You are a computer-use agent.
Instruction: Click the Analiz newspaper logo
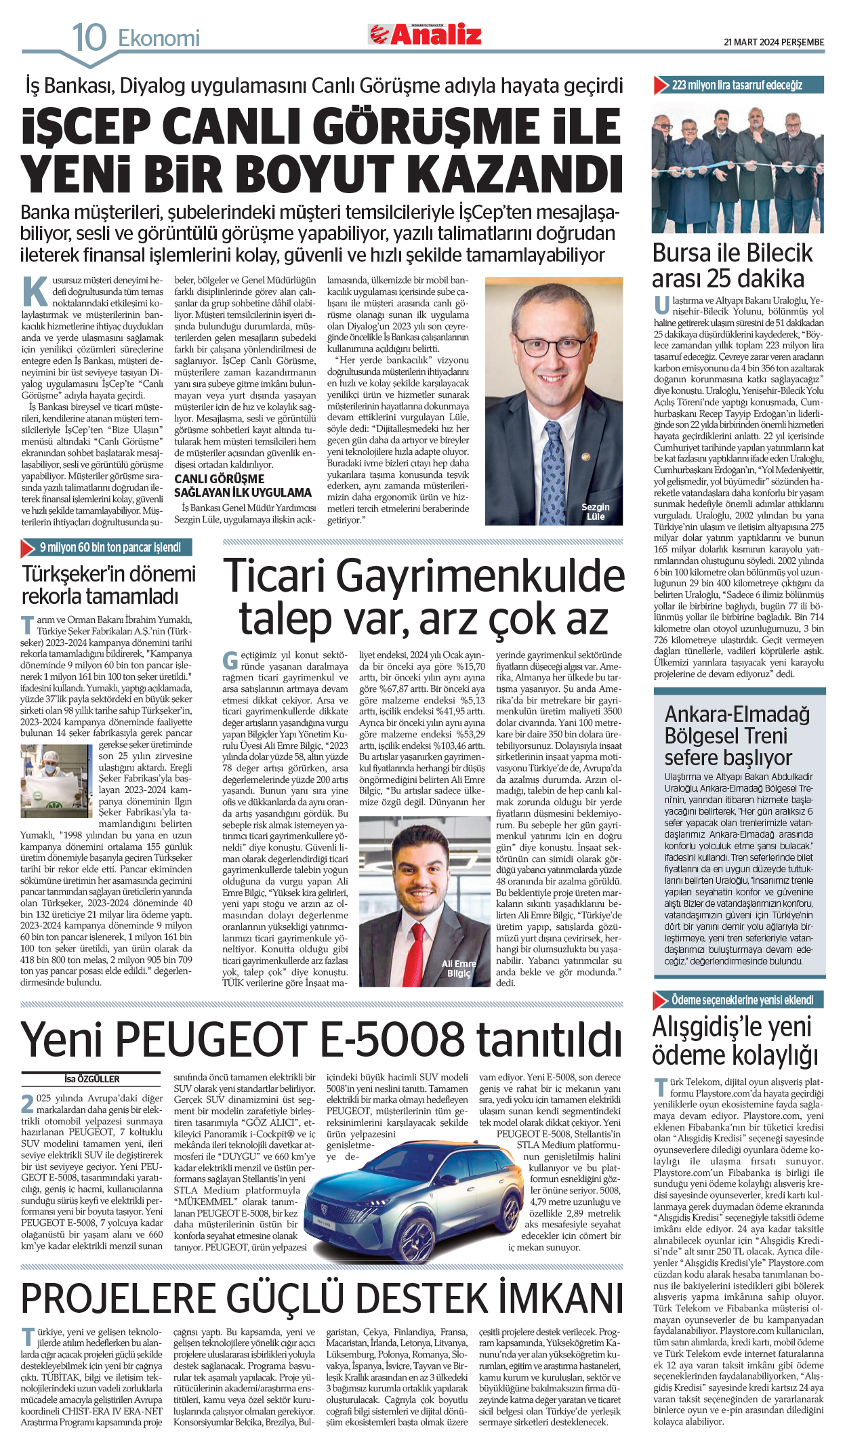tap(425, 34)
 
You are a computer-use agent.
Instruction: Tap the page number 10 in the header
tap(89, 37)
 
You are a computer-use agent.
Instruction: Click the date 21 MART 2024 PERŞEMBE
tap(774, 42)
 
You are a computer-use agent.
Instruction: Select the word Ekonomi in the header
tap(159, 39)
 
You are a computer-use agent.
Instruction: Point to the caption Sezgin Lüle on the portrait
tap(595, 512)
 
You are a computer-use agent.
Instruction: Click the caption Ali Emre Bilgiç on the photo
tap(459, 968)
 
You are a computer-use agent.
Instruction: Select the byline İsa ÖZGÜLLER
tap(92, 1079)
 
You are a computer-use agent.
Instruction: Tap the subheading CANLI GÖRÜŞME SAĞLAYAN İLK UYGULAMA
tap(243, 486)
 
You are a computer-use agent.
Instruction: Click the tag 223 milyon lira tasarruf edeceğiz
tap(737, 85)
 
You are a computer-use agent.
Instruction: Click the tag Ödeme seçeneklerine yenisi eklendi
tap(742, 1000)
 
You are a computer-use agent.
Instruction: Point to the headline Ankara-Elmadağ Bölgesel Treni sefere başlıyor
tap(737, 735)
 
